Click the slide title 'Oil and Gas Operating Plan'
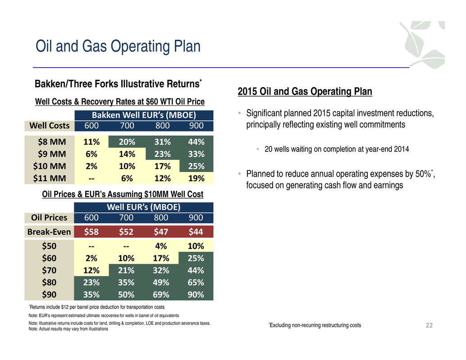[118, 46]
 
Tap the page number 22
[429, 325]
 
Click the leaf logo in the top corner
[423, 45]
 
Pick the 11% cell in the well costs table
[91, 141]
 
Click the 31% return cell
[163, 141]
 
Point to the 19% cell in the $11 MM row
[196, 178]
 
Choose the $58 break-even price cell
[91, 232]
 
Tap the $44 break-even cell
[196, 232]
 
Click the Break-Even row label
[49, 232]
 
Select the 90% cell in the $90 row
[196, 294]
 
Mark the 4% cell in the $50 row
[161, 246]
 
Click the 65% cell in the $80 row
[196, 282]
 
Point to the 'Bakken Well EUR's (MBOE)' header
[144, 115]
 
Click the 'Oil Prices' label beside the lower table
[49, 218]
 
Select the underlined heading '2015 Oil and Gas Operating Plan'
[305, 91]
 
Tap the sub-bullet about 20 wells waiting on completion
[337, 149]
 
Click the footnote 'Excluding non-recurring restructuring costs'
[315, 325]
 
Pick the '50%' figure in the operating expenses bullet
[423, 174]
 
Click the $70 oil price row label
[49, 270]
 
